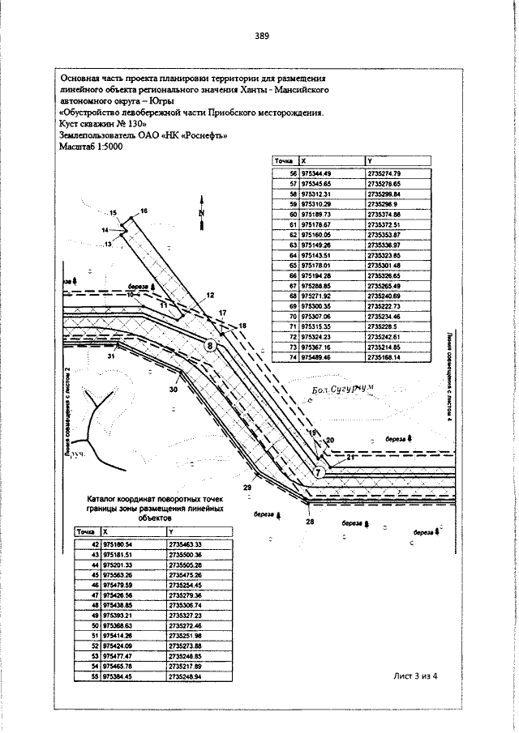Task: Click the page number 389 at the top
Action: (261, 36)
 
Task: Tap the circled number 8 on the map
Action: (211, 346)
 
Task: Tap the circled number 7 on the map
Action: (320, 471)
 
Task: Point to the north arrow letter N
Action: (200, 213)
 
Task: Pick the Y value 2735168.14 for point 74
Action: (384, 357)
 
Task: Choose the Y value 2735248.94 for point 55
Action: (184, 675)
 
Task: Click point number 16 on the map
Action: (144, 211)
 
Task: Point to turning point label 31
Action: (111, 356)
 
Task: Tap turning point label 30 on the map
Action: (173, 390)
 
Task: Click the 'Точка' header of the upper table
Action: (285, 162)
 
